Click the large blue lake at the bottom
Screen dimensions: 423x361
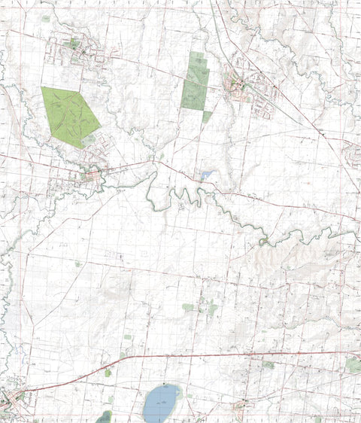point(162,403)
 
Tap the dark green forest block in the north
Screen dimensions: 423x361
point(196,83)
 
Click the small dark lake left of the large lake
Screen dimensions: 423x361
point(105,416)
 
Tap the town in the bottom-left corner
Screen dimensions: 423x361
point(9,399)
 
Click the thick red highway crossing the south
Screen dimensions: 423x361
point(226,354)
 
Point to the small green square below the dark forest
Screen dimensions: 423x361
point(206,116)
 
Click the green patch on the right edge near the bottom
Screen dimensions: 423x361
point(353,364)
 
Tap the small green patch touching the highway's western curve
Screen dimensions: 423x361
point(108,372)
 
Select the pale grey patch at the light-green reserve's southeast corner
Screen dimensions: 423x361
point(89,140)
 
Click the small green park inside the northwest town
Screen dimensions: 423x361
point(73,44)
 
